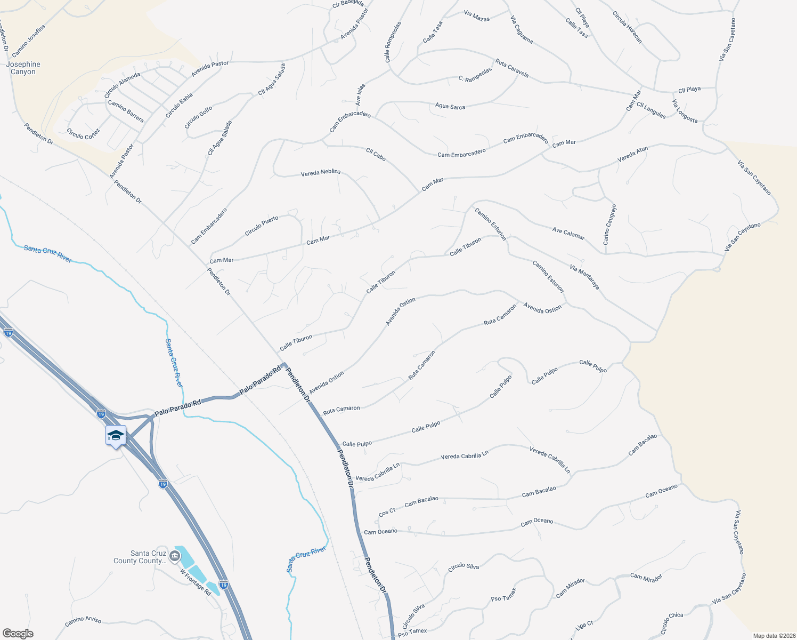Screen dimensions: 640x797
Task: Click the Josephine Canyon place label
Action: click(x=23, y=68)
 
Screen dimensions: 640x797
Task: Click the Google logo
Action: click(x=18, y=634)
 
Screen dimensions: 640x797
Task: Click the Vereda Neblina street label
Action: click(x=320, y=173)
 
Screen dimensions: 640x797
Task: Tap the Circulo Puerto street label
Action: click(x=262, y=226)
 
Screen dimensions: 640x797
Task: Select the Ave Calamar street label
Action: click(x=568, y=234)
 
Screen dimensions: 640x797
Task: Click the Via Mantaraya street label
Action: click(x=584, y=277)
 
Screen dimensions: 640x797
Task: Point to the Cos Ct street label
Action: click(x=387, y=512)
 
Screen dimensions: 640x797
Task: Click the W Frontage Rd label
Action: click(x=196, y=582)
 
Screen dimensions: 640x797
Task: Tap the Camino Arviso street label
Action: click(x=83, y=621)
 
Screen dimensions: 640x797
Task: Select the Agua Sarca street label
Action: click(x=450, y=107)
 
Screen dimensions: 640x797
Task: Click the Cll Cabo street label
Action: click(x=376, y=155)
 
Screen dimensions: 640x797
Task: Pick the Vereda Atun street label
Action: click(x=632, y=155)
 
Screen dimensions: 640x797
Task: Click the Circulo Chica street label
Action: click(x=672, y=622)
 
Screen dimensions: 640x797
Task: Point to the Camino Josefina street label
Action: click(x=29, y=41)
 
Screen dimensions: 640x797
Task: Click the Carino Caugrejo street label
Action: click(x=609, y=225)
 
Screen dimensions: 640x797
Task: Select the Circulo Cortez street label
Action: click(x=83, y=134)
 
